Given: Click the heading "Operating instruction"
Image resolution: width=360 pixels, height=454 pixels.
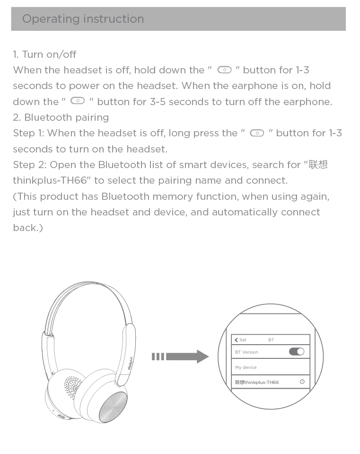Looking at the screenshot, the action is tap(83, 19).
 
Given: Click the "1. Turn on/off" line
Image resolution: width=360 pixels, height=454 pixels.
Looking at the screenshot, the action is tap(44, 54).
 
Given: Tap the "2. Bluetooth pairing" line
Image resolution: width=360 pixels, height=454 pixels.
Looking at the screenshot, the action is tap(61, 117).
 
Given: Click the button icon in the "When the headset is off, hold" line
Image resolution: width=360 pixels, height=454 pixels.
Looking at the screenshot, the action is tap(224, 70).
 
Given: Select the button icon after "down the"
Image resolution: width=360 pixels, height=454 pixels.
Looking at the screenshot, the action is tap(78, 101).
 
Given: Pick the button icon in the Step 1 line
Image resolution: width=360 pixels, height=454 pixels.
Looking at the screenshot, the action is tap(257, 133).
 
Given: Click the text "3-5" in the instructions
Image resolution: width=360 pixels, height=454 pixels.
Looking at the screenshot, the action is tap(158, 102).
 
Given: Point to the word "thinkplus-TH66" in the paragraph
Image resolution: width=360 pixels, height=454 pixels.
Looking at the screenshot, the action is tap(50, 180).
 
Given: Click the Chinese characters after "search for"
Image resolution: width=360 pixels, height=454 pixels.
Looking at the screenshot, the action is tap(318, 164).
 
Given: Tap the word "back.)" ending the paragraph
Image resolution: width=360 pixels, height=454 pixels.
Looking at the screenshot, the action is tap(28, 228).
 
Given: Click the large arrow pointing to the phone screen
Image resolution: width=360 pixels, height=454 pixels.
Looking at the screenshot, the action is tap(180, 356).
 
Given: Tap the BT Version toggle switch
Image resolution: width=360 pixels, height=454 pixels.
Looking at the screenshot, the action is tap(297, 351).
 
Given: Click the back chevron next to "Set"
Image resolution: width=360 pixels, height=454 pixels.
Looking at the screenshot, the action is tap(236, 340).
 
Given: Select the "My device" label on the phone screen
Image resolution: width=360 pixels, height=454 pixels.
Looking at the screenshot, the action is tap(246, 367).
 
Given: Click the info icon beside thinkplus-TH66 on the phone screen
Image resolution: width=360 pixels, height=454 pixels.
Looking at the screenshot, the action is tap(302, 382).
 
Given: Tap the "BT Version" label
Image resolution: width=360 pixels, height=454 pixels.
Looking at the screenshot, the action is tap(246, 352).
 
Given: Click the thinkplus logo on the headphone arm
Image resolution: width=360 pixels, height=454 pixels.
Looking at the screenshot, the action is tap(130, 363).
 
